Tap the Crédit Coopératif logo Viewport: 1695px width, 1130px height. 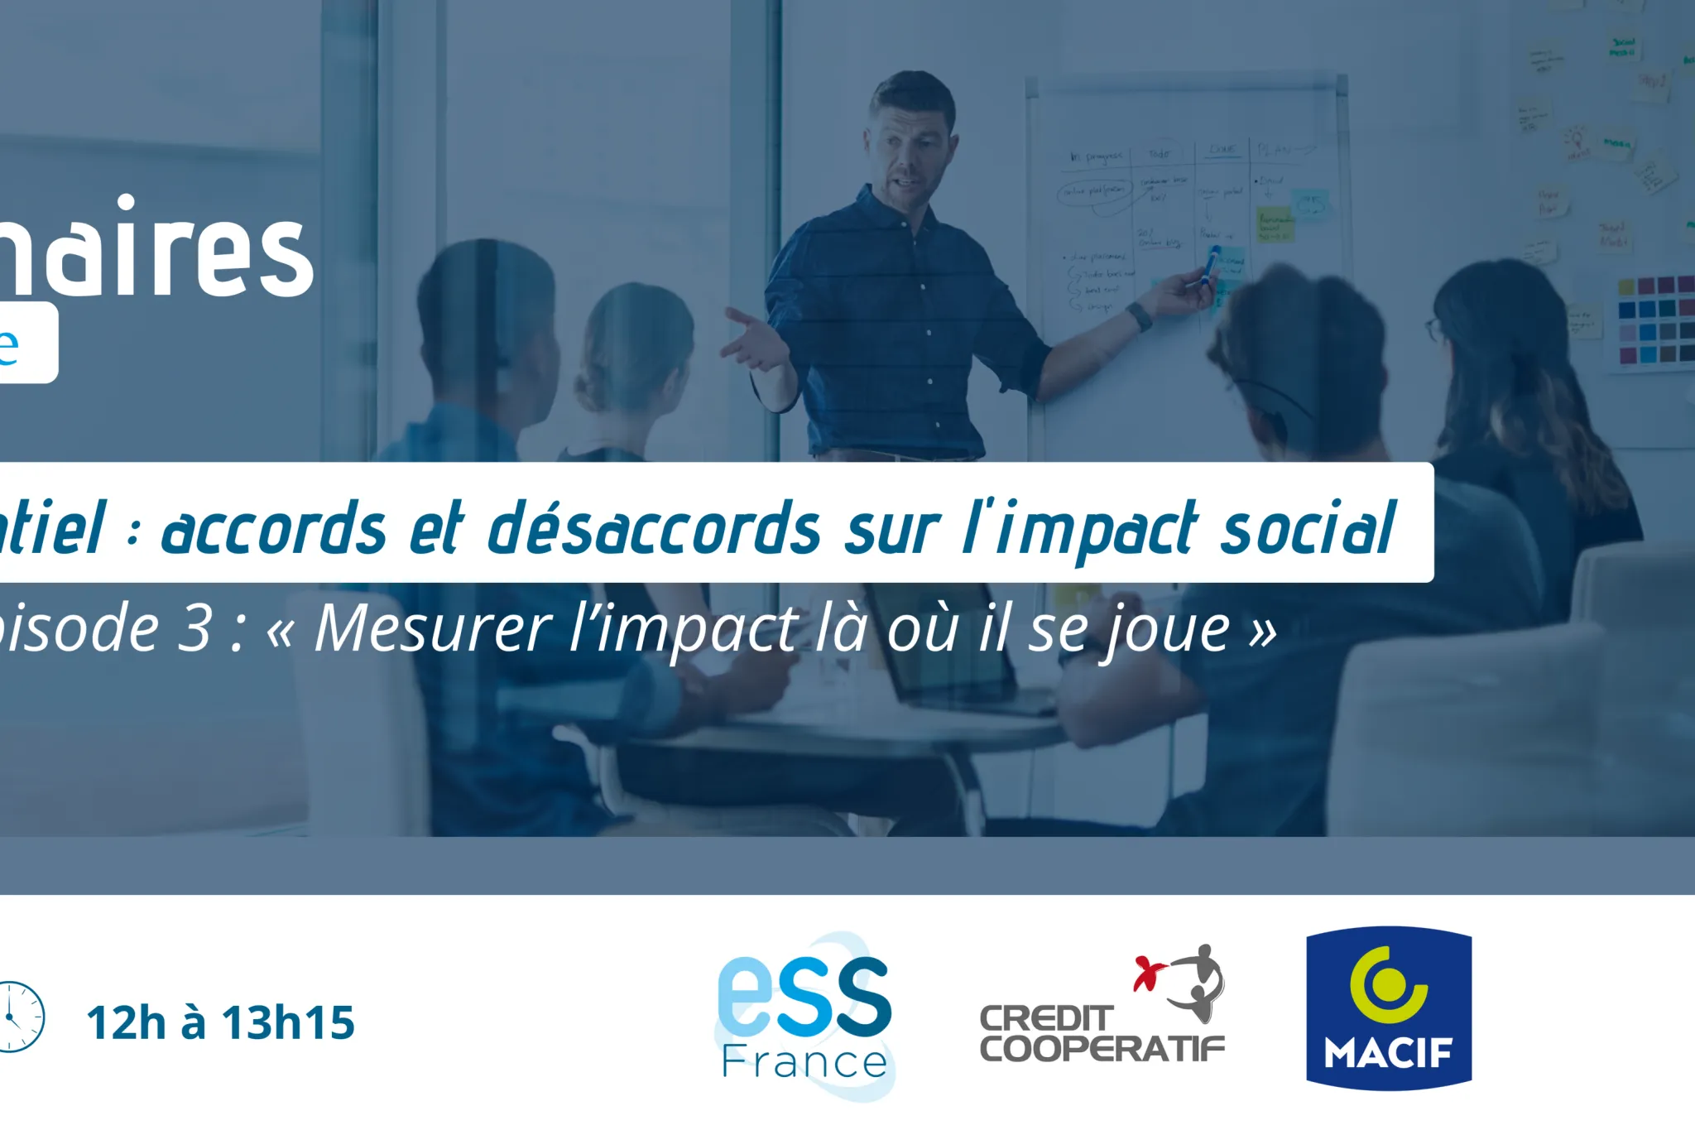pos(1102,1006)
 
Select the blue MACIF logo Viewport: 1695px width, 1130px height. pos(1388,1007)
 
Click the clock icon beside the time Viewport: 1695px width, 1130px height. pos(15,1017)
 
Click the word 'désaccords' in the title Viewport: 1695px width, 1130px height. pos(653,530)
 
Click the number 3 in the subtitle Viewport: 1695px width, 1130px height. pos(195,630)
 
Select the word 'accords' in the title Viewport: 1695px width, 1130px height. pos(274,530)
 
